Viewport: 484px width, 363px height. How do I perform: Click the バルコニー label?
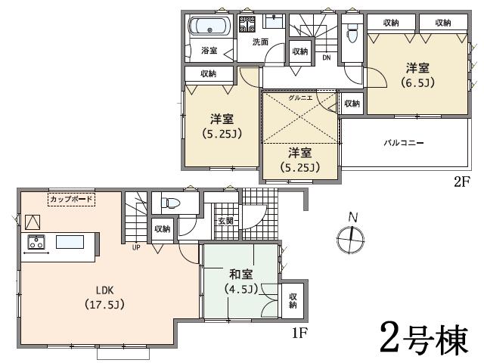point(402,142)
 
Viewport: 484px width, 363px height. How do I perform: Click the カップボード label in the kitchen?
point(71,199)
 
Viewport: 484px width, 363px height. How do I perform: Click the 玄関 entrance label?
point(225,221)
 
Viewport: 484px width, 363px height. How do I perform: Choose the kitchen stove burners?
point(36,242)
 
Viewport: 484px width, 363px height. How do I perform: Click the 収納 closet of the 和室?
point(293,300)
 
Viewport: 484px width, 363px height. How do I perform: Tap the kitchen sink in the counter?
point(69,242)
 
